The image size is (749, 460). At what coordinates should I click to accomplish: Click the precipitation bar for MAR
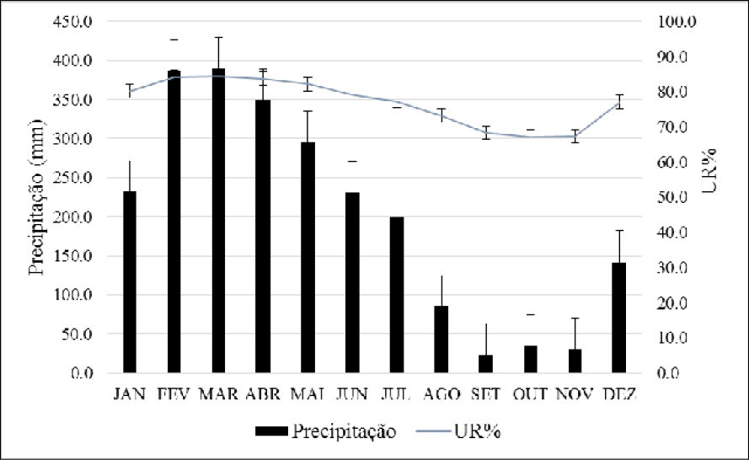pos(219,221)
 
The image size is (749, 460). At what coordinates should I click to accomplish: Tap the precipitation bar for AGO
pos(441,339)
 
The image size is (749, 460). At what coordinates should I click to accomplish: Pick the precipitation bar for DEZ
pos(619,318)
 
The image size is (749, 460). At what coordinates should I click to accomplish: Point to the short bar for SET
pos(485,363)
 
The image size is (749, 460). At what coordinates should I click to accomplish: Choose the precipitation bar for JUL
pos(397,294)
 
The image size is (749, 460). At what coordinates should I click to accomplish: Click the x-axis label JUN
pos(352,393)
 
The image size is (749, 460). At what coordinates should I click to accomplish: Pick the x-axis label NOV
pos(575,393)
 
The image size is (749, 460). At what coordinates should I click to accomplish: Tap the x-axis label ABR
pos(263,393)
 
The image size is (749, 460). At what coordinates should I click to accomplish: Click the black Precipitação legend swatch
pos(271,431)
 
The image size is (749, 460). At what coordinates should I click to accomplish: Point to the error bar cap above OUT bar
pos(530,314)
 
